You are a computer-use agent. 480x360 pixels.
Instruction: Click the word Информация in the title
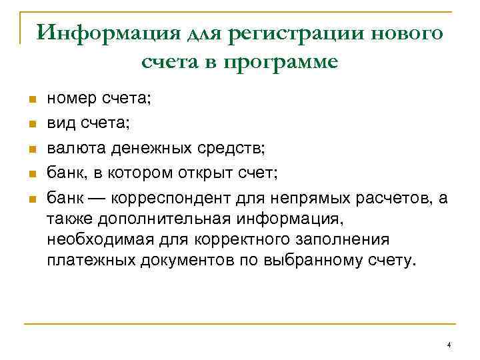click(98, 32)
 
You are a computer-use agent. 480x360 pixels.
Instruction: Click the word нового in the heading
click(401, 32)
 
